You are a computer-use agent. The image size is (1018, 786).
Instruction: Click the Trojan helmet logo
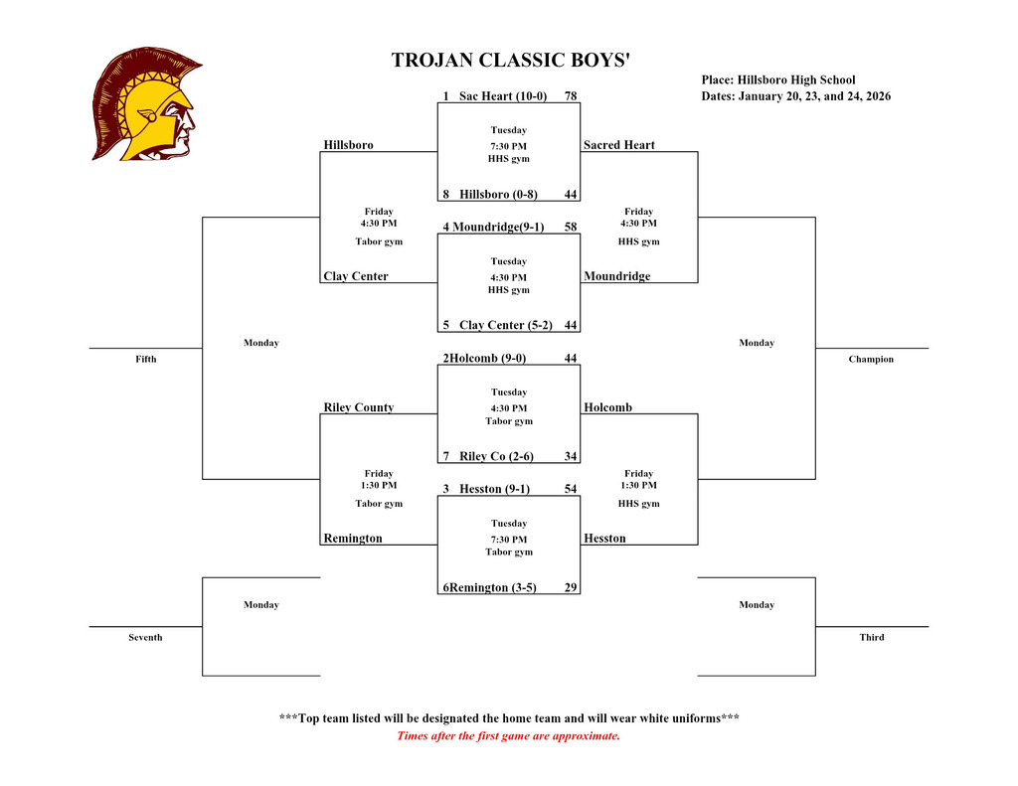[x=146, y=104]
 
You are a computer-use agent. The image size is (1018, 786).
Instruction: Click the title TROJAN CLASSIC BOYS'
[x=511, y=61]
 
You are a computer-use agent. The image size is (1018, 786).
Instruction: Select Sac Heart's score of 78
[x=571, y=96]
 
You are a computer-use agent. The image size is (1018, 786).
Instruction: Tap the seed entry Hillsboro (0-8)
[x=498, y=195]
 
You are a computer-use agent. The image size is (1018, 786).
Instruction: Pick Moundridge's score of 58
[x=571, y=228]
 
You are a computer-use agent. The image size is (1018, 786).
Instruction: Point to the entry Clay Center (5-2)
[x=505, y=326]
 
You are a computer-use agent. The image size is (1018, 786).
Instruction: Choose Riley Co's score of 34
[x=571, y=457]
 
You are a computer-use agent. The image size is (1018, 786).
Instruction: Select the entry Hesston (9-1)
[x=494, y=490]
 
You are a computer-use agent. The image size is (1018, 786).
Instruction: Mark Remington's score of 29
[x=571, y=588]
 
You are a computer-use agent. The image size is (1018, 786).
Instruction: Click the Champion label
[x=871, y=360]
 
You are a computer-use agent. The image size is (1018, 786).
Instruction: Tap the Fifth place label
[x=146, y=360]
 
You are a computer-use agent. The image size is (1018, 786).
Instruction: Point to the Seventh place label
[x=145, y=638]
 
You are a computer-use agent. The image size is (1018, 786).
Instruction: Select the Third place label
[x=872, y=638]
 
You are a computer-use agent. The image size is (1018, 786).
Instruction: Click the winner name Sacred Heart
[x=619, y=146]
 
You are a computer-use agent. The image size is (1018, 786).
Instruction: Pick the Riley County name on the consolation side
[x=359, y=408]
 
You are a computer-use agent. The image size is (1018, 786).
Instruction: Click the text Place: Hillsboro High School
[x=778, y=80]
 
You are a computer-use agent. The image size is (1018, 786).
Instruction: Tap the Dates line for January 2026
[x=796, y=97]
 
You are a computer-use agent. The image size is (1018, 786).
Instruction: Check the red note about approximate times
[x=508, y=736]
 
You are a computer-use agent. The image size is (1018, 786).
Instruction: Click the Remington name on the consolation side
[x=353, y=540]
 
